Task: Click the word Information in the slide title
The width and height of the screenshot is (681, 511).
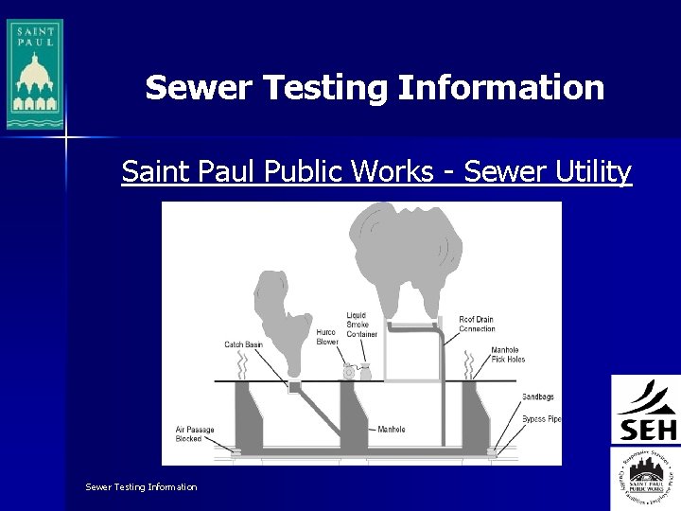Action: pos(501,88)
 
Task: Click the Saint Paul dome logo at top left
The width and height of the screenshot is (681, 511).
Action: pos(35,74)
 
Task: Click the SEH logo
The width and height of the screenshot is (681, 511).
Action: pos(646,410)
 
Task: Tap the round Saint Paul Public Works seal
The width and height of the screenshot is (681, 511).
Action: pos(646,472)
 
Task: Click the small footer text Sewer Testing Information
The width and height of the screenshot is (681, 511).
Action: pos(141,486)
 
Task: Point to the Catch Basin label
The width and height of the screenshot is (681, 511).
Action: pos(243,344)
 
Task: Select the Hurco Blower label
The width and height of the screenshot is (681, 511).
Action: pos(326,337)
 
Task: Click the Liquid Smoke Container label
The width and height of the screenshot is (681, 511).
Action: pos(361,325)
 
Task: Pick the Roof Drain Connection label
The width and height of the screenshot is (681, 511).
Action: pos(477,324)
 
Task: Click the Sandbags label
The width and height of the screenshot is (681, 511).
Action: pos(538,396)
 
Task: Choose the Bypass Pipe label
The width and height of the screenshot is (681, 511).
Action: pos(540,418)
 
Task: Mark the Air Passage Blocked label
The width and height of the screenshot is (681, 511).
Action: pos(195,434)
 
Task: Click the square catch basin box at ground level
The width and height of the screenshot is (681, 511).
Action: pos(294,386)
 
